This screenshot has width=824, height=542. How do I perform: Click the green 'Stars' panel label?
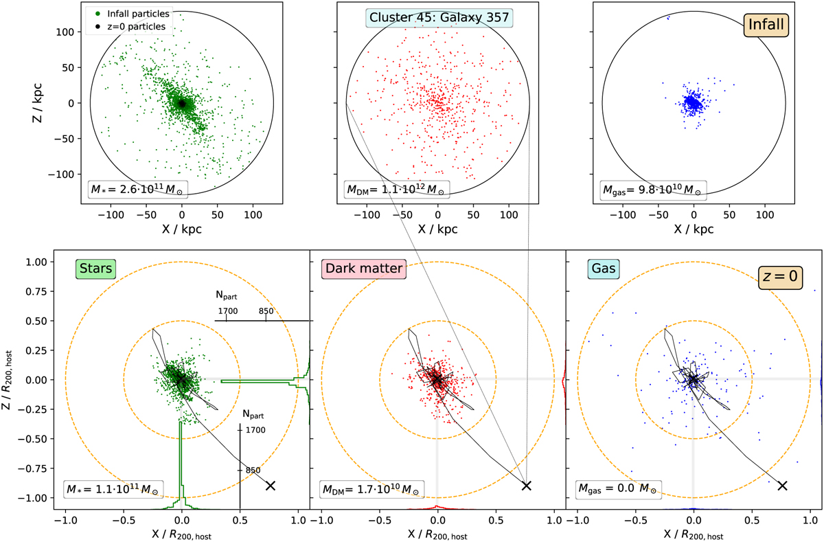[95, 269]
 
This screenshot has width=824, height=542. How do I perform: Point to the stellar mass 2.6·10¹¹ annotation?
[139, 188]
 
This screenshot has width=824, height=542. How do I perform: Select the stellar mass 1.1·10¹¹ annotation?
[111, 490]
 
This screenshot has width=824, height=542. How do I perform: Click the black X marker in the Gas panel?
[781, 485]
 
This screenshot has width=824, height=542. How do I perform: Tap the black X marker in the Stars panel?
[271, 485]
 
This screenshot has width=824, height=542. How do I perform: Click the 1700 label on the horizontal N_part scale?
[227, 311]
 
